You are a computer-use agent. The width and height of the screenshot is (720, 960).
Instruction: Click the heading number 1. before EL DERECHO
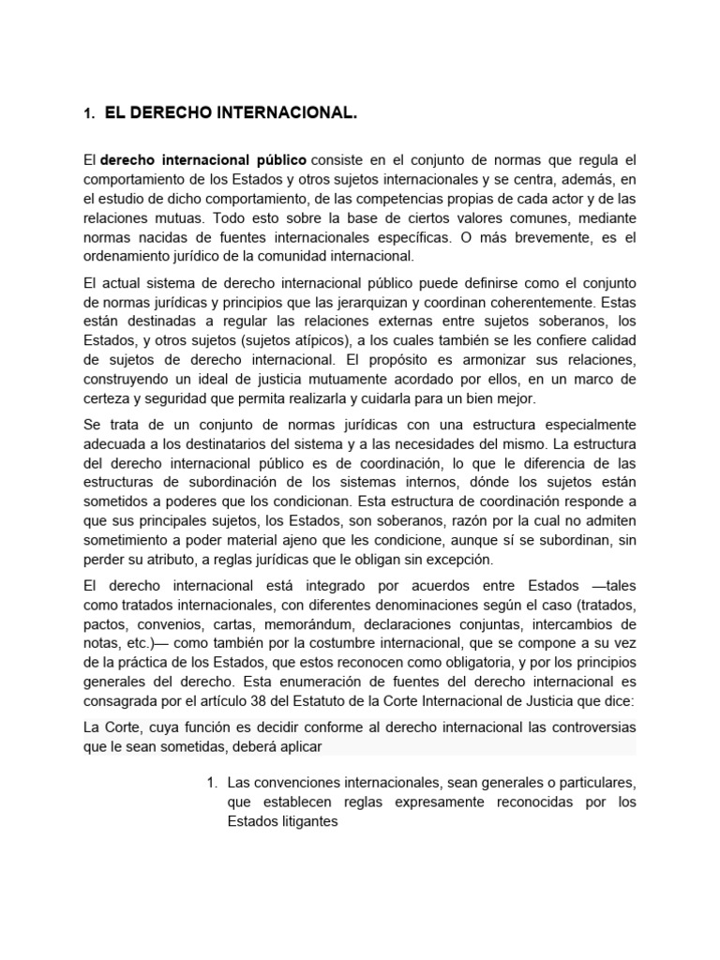coord(89,114)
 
